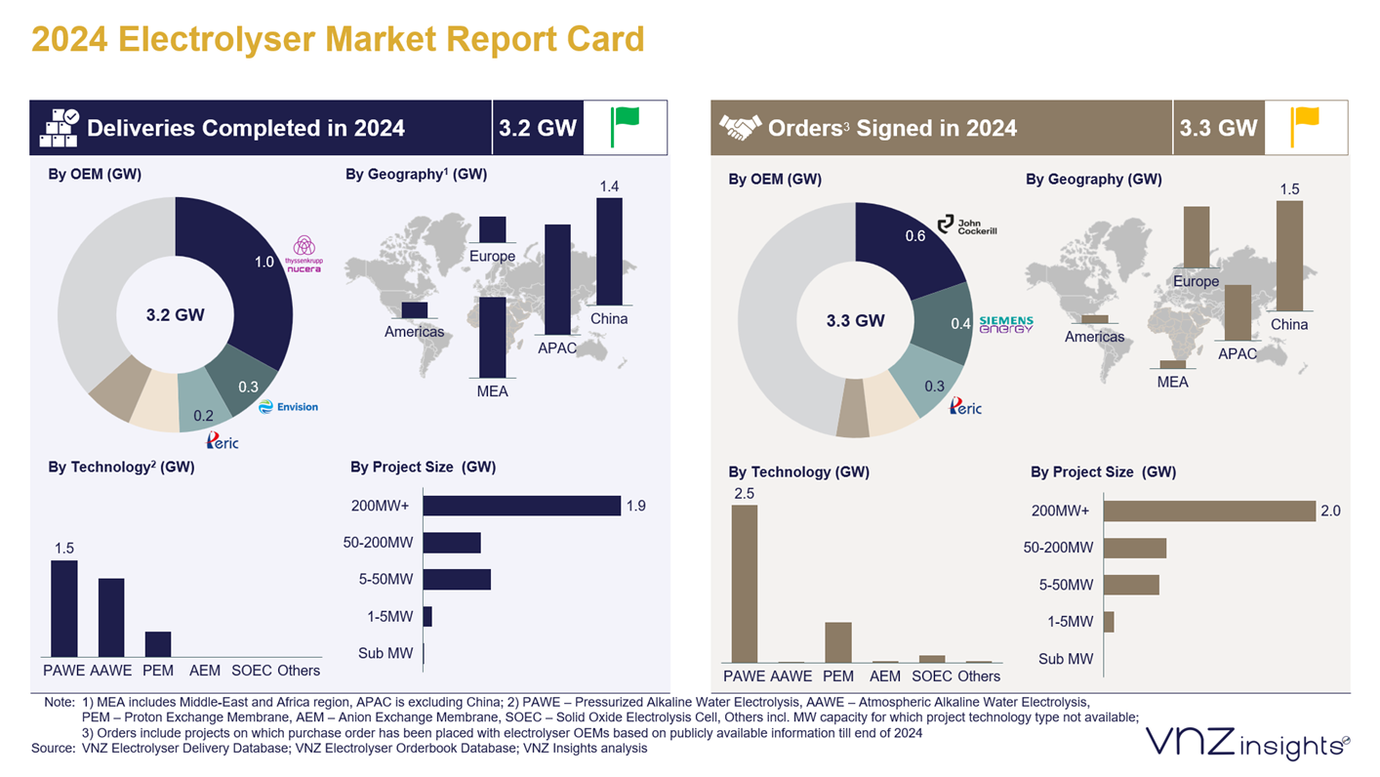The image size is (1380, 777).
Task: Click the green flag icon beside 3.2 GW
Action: coord(625,127)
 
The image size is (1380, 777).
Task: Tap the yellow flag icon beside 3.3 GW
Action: coord(1305,127)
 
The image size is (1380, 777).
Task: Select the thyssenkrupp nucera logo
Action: coord(304,254)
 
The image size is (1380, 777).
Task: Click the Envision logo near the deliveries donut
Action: coord(289,407)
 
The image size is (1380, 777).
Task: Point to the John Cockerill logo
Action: coord(967,225)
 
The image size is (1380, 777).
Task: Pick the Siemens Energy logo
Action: coord(1005,324)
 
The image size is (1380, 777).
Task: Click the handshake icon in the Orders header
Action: coord(740,128)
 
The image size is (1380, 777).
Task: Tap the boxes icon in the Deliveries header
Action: coord(59,128)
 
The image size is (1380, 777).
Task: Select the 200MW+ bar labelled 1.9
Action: coord(521,506)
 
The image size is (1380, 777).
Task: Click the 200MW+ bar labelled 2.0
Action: coord(1209,511)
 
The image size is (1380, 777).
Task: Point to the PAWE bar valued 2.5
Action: coord(745,584)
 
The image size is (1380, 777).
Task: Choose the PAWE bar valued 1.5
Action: coord(64,608)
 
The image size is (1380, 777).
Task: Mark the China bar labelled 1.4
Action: coord(609,252)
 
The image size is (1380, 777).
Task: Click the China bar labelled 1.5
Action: coord(1289,256)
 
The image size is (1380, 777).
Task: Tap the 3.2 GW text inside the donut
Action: coord(176,315)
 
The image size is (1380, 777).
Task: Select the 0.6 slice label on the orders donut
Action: coord(914,236)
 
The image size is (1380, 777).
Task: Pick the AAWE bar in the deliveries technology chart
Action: coord(111,617)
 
